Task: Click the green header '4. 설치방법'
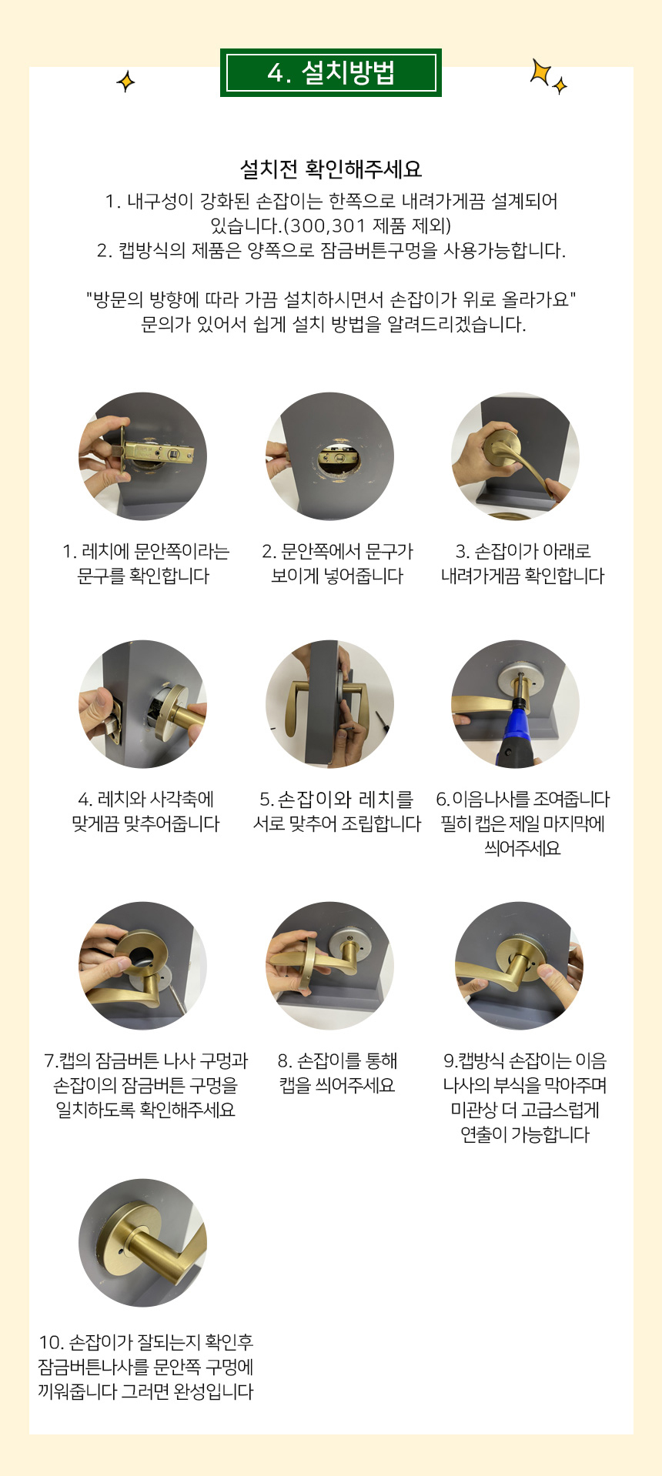pyautogui.click(x=331, y=73)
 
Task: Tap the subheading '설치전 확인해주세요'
pyautogui.click(x=331, y=169)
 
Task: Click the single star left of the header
pyautogui.click(x=125, y=81)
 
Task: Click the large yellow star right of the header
pyautogui.click(x=541, y=72)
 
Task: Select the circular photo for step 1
pyautogui.click(x=143, y=456)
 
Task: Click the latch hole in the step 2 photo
pyautogui.click(x=337, y=460)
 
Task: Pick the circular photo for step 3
pyautogui.click(x=516, y=456)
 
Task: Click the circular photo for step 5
pyautogui.click(x=329, y=704)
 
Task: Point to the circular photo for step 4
pyautogui.click(x=143, y=704)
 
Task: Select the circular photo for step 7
pyautogui.click(x=143, y=966)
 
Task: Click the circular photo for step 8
pyautogui.click(x=329, y=966)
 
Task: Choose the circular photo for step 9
pyautogui.click(x=518, y=966)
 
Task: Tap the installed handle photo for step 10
pyautogui.click(x=143, y=1243)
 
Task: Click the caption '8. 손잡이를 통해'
pyautogui.click(x=337, y=1061)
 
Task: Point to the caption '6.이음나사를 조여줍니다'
pyautogui.click(x=523, y=800)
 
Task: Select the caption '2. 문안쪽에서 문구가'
pyautogui.click(x=337, y=552)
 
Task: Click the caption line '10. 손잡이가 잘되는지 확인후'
pyautogui.click(x=145, y=1343)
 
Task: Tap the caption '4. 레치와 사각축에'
pyautogui.click(x=145, y=800)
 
